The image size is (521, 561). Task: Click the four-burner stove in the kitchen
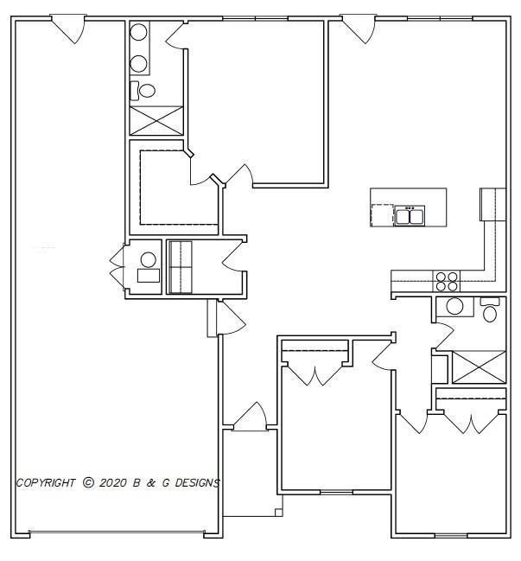pos(447,281)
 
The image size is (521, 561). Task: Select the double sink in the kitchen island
pos(409,214)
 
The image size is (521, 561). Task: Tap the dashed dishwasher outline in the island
pos(382,214)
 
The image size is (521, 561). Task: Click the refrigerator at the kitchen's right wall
pos(492,204)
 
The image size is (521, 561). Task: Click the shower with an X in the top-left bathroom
pos(156,119)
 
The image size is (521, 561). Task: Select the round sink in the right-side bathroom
pos(454,306)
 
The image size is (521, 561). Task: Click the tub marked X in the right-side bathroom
pos(479,367)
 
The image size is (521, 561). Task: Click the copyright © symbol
pos(88,483)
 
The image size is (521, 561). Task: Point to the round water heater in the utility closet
pos(149,258)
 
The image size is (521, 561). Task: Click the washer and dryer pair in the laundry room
pos(180,267)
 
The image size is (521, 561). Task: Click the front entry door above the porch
pos(250,417)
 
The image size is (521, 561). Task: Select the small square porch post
pos(278,513)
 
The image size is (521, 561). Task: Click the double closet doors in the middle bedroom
pos(315,373)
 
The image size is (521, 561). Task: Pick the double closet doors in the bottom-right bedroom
pos(471,422)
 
